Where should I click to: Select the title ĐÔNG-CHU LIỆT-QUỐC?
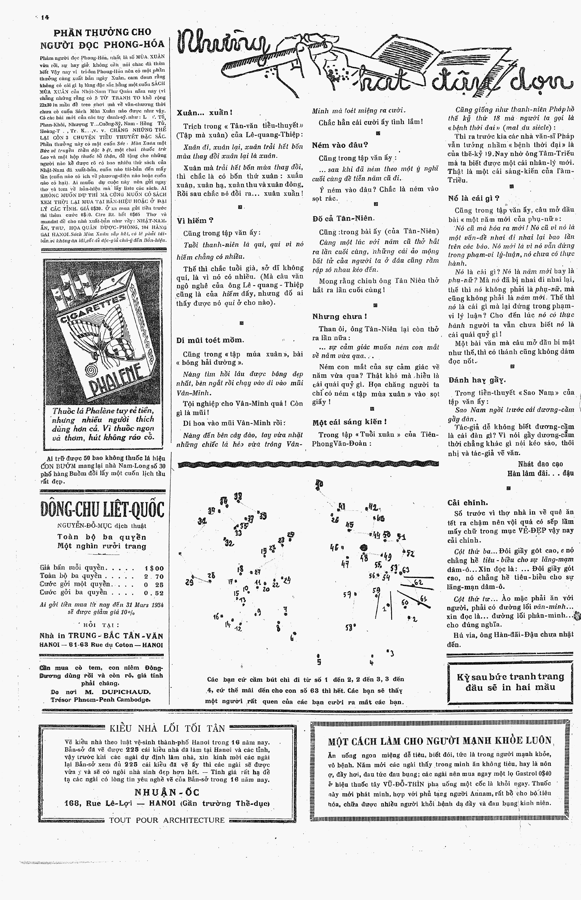pos(102,510)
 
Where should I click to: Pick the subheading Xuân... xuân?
pos(204,112)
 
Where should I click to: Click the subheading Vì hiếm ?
pos(195,220)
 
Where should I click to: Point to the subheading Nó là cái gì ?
pos(474,198)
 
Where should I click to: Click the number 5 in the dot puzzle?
pos(319,661)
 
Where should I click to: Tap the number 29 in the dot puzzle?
pos(189,582)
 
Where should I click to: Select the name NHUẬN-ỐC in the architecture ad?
pos(167,792)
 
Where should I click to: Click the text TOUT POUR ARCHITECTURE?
pos(167,820)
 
